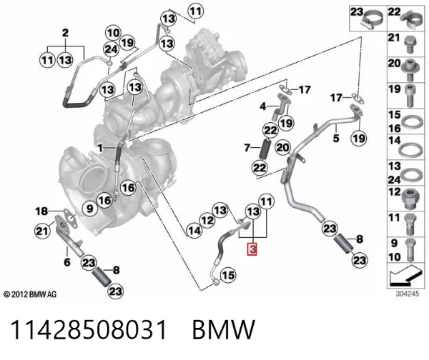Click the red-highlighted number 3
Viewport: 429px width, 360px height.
(252, 249)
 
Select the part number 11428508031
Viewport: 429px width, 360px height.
(89, 330)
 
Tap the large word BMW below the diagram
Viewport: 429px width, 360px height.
(224, 330)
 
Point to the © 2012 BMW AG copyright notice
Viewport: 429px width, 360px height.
(30, 294)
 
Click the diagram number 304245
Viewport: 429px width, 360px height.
(408, 294)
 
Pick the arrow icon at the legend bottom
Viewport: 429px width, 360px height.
(403, 276)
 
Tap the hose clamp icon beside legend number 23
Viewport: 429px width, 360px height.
(373, 21)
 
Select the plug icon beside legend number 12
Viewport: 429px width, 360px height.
(410, 198)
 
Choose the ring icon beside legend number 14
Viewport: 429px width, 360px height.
(409, 150)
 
